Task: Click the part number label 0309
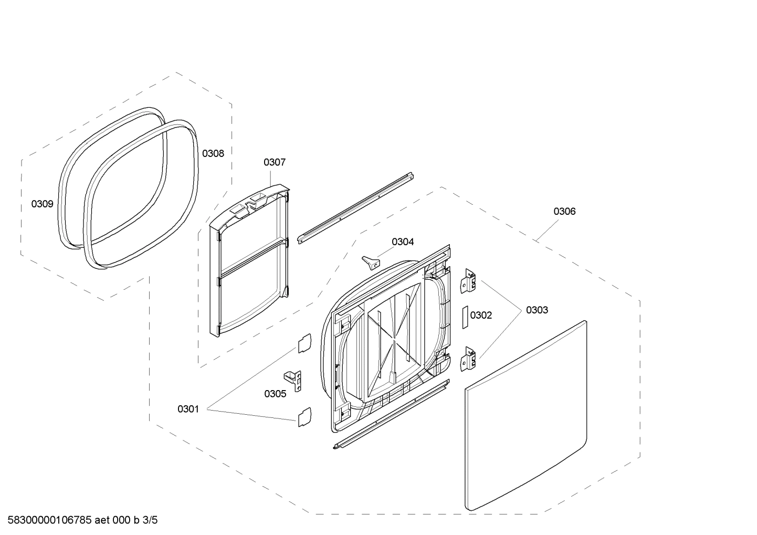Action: coord(42,204)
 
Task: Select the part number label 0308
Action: coord(213,153)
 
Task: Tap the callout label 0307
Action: coord(275,162)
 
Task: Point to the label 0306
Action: coord(564,211)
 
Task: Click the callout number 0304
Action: coord(403,242)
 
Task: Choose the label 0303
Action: coord(537,310)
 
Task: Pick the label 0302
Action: coord(481,315)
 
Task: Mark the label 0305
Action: coord(275,394)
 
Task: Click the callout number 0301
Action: coord(188,408)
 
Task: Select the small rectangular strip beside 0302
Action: coord(465,318)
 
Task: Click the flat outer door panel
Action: coord(525,415)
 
